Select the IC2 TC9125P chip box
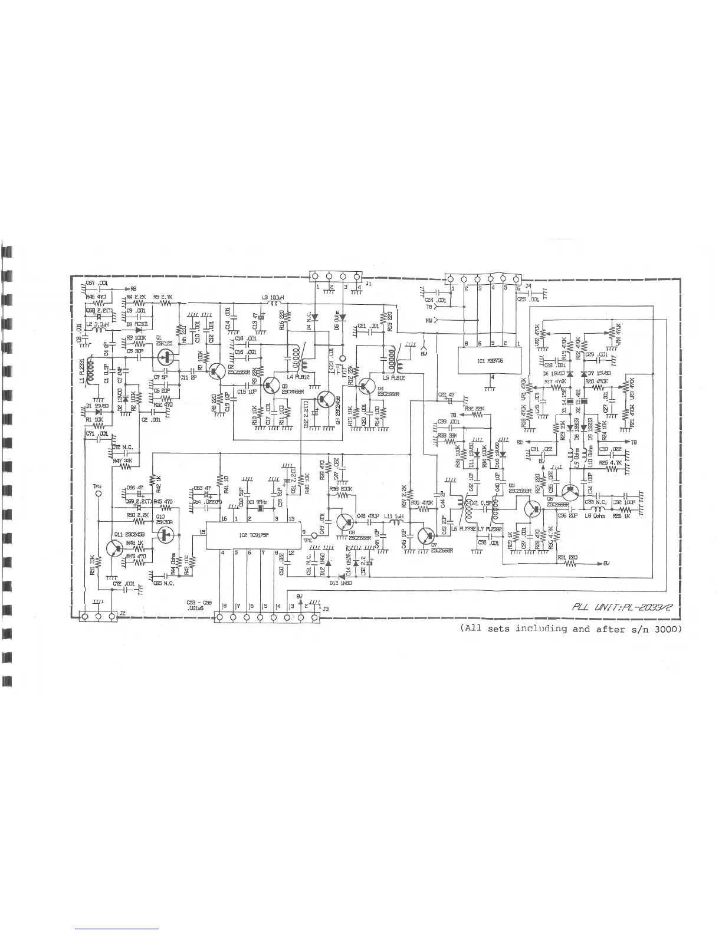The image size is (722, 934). pyautogui.click(x=254, y=534)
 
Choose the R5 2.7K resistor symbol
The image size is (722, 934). pyautogui.click(x=166, y=303)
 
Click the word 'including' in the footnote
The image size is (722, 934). pyautogui.click(x=541, y=629)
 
